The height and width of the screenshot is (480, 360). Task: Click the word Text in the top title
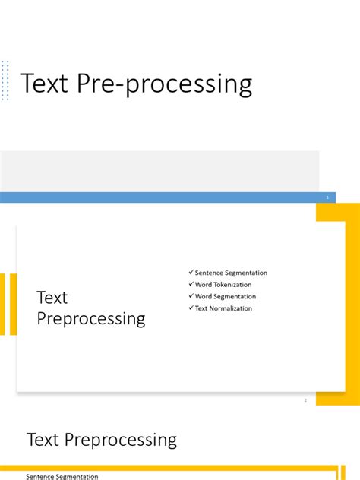coord(46,84)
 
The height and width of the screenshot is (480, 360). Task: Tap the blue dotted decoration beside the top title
coord(5,80)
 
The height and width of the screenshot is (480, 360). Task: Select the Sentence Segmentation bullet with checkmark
coord(227,273)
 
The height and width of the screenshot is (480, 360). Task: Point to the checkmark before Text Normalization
coord(191,308)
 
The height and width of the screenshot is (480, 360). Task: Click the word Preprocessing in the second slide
coord(91,319)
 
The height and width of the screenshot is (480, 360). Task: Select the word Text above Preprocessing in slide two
coord(52,298)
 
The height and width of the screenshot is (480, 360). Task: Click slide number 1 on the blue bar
coord(327,197)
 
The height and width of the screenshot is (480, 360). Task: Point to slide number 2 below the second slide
coord(305,399)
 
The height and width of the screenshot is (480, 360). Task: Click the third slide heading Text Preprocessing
coord(102,440)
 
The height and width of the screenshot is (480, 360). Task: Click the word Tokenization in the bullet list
coord(233,285)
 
